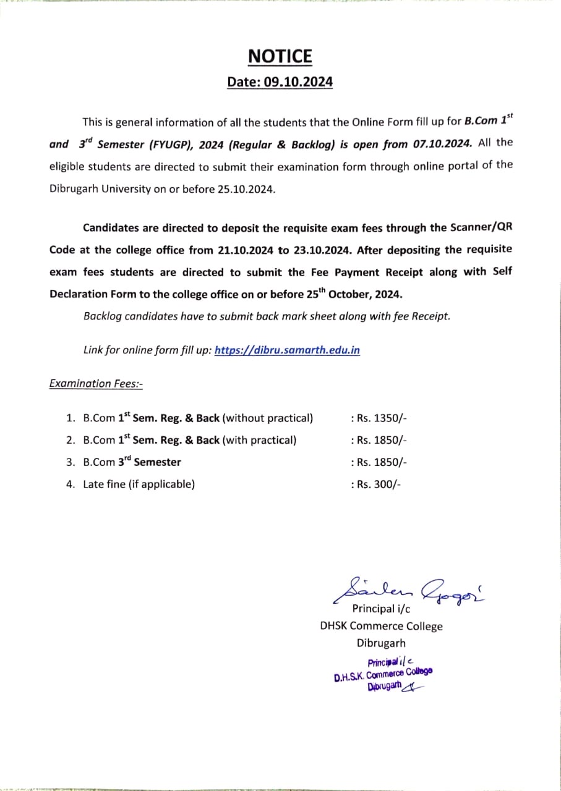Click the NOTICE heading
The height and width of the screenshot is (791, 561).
(280, 56)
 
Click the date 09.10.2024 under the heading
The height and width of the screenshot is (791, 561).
(298, 82)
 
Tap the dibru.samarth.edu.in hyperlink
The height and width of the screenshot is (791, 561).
(287, 350)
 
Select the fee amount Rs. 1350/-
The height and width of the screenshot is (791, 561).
(379, 418)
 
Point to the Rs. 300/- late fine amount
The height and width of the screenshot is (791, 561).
(375, 484)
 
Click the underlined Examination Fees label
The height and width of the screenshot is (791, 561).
(96, 383)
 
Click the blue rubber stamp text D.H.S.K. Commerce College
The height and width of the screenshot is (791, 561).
(383, 674)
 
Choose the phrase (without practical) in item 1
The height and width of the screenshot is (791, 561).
(267, 418)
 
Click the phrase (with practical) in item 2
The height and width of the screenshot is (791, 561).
(259, 440)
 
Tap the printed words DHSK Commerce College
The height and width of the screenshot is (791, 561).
(381, 626)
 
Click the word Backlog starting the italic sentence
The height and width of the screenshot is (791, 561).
(102, 316)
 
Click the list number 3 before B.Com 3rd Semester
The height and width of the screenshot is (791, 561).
(70, 462)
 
